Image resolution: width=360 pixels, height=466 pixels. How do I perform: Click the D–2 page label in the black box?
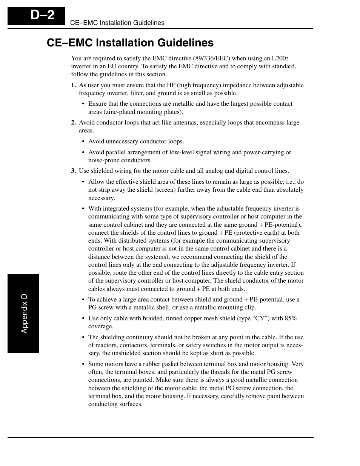coord(43,15)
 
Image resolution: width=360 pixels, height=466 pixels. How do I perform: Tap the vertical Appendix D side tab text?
coord(24,314)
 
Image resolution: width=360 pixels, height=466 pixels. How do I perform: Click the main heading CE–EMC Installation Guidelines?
coord(130,43)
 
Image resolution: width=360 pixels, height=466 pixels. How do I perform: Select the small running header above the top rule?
coord(117,23)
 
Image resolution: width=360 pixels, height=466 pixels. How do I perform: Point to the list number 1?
coord(74,85)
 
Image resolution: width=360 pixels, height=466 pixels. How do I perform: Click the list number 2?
coord(74,123)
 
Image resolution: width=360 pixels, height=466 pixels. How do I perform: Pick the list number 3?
coord(74,171)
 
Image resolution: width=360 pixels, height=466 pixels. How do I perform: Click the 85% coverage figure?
coord(291,318)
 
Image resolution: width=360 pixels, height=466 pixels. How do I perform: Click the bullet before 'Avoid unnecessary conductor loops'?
coord(83,142)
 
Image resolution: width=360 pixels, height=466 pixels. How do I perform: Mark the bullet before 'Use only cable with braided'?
coord(83,318)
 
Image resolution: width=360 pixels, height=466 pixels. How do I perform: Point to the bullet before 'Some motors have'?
coord(83,364)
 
